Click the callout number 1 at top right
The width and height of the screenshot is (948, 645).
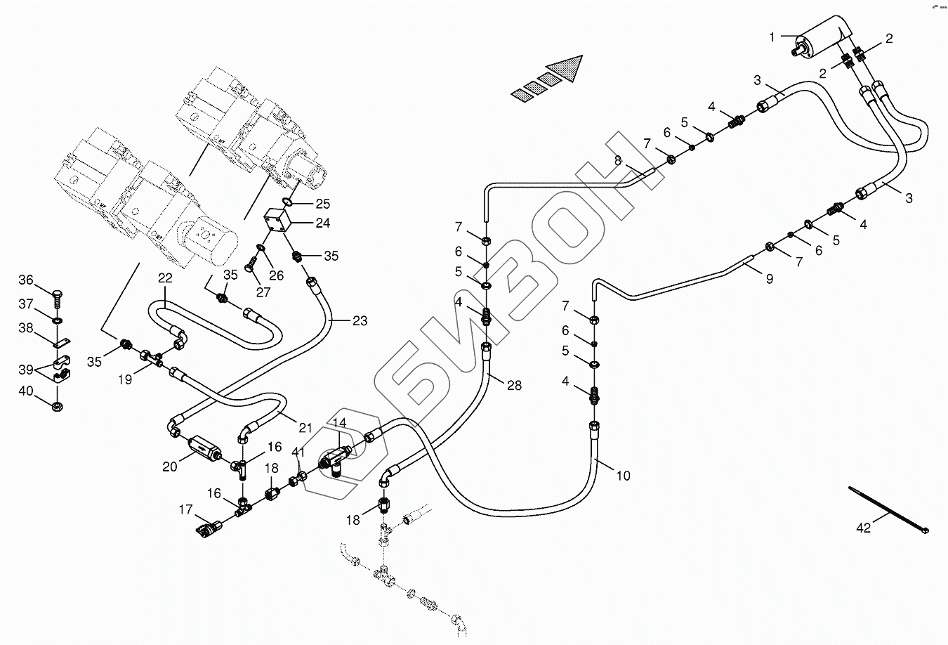(772, 37)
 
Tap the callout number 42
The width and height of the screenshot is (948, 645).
(863, 528)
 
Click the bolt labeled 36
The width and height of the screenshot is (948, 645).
(58, 294)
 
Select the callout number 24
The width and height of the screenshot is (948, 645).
(322, 224)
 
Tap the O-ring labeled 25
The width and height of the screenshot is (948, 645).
(287, 202)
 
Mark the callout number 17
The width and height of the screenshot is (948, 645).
(185, 510)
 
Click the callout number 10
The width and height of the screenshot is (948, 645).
(623, 476)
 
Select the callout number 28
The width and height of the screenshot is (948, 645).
(514, 386)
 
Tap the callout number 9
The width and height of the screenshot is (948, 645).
(769, 279)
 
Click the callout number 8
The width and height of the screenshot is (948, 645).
(618, 161)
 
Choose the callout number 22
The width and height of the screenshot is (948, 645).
(164, 278)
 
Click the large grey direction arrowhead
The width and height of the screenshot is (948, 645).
(567, 67)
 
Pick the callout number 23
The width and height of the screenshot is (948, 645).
(360, 321)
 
